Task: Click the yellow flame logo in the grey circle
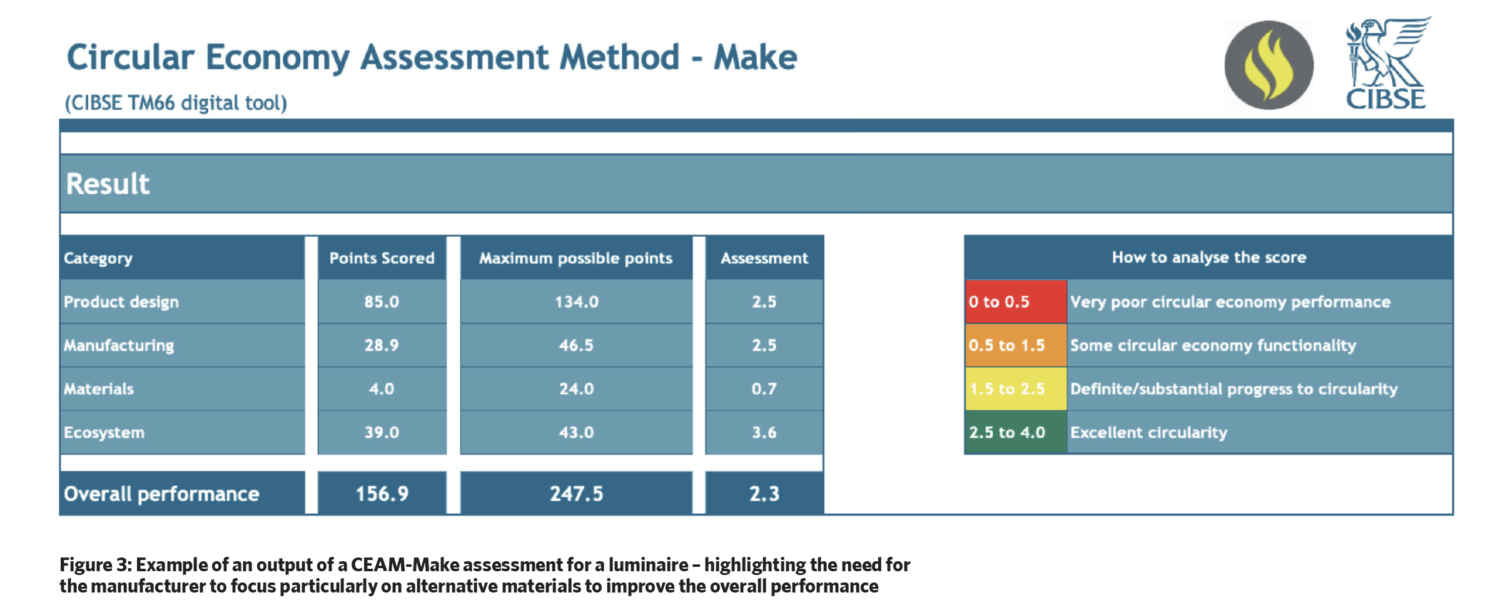(1269, 65)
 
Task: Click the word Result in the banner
(108, 184)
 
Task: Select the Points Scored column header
(382, 258)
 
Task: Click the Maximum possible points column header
(576, 258)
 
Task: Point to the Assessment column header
(764, 258)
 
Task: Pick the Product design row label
(121, 302)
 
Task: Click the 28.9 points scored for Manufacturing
(382, 345)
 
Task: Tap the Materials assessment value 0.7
(764, 389)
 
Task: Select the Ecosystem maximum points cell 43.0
(576, 432)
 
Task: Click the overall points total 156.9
(382, 494)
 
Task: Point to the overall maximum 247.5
(576, 494)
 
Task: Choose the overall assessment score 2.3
(764, 494)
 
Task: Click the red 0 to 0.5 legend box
(1016, 302)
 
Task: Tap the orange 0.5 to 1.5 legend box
(1016, 345)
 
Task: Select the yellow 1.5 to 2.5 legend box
(1016, 389)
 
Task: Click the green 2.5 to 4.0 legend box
(1016, 432)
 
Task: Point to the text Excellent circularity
(1148, 432)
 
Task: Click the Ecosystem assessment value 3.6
(764, 432)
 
